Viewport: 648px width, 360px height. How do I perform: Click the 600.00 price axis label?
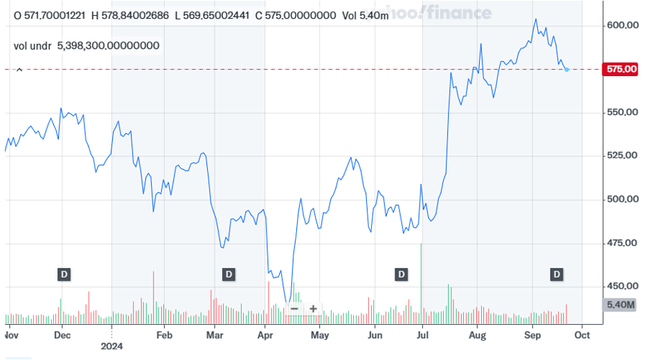(x=622, y=26)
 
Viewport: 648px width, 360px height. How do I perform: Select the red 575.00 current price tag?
(x=622, y=69)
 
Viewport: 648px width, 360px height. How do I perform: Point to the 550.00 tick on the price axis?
(x=622, y=112)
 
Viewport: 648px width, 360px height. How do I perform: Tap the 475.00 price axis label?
(x=622, y=243)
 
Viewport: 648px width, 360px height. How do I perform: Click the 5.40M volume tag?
(x=621, y=305)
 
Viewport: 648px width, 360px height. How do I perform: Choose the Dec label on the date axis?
(x=62, y=335)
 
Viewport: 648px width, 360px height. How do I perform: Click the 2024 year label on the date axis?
(x=112, y=345)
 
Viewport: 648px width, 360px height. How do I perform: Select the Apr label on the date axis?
(x=265, y=335)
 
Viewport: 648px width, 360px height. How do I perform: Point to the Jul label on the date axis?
(x=421, y=335)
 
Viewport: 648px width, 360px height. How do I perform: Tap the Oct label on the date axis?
(x=582, y=335)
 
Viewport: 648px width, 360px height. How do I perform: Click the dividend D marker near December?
(x=64, y=275)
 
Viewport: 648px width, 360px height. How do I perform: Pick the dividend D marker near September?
(x=557, y=275)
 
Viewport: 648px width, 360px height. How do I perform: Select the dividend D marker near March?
(x=228, y=275)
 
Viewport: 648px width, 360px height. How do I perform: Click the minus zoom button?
(x=294, y=309)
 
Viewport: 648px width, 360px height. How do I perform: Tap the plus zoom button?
(x=313, y=309)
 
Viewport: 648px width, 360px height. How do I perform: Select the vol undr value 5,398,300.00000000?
(x=109, y=46)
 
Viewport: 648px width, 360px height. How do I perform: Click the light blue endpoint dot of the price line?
(x=567, y=69)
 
